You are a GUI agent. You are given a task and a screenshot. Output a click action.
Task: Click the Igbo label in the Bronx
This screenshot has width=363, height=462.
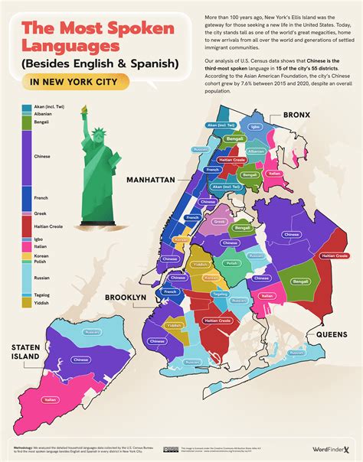coord(255,127)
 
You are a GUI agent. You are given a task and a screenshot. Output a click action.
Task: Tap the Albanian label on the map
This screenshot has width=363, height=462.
coord(255,151)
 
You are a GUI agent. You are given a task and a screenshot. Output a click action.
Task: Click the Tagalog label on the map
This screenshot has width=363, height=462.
coord(220,294)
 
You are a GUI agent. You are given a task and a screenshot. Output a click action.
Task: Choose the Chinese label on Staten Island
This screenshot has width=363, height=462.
coord(80,359)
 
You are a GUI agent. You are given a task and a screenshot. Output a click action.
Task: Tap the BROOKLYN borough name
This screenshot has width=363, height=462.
coord(126,297)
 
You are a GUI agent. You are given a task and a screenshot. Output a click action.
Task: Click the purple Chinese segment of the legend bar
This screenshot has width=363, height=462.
coord(26,156)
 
